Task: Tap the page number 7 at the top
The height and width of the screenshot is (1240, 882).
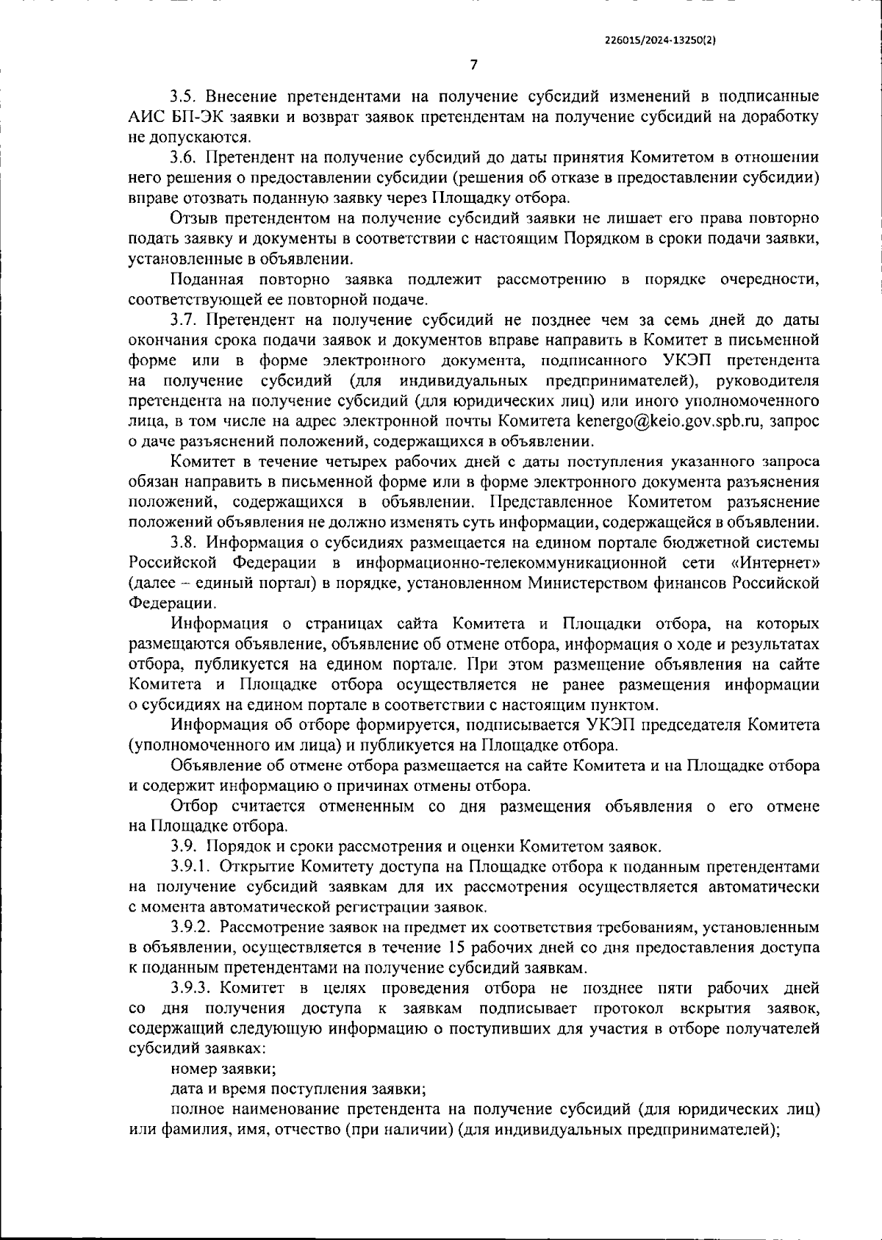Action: coord(473,65)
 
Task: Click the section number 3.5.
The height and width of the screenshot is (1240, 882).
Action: coord(183,97)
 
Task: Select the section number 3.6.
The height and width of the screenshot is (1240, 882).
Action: coord(183,157)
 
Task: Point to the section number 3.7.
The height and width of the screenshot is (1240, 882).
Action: coord(183,320)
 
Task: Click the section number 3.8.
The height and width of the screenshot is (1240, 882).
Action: coord(183,542)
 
